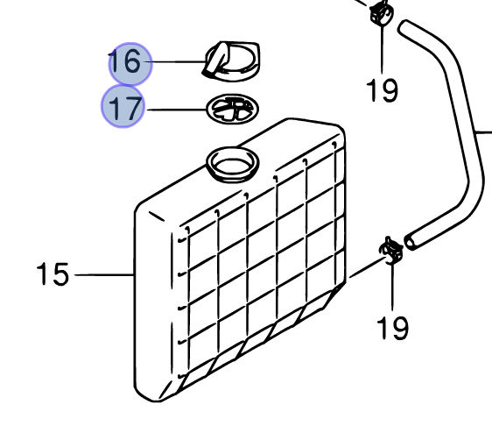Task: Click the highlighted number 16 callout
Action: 130,64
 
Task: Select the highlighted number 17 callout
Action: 123,107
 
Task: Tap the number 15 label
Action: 53,274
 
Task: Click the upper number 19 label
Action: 383,90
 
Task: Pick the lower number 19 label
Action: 392,328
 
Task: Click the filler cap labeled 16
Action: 232,60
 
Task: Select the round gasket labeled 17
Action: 233,109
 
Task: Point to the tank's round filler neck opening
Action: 233,163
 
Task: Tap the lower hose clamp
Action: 391,250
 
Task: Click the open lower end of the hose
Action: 411,243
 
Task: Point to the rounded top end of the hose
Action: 404,26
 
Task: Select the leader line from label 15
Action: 105,275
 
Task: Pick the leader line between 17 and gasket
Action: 177,110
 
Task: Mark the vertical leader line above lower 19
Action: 392,287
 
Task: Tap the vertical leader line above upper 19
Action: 382,49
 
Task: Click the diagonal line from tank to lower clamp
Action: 368,267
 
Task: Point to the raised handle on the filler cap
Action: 215,60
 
